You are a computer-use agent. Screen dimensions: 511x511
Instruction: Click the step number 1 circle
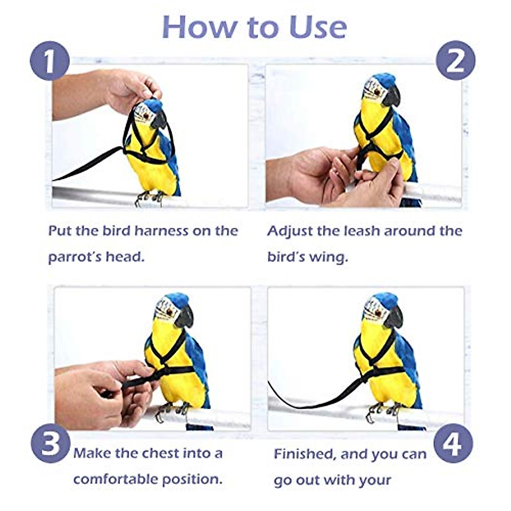(49, 61)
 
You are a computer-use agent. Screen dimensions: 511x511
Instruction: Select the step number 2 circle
(455, 61)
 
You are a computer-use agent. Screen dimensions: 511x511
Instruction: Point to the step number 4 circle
(453, 444)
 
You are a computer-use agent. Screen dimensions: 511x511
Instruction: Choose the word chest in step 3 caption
(161, 453)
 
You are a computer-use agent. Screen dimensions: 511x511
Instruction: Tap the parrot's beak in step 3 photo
(185, 318)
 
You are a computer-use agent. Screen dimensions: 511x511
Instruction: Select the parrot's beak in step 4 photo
(394, 318)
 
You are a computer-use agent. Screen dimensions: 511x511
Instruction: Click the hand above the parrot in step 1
(132, 89)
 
